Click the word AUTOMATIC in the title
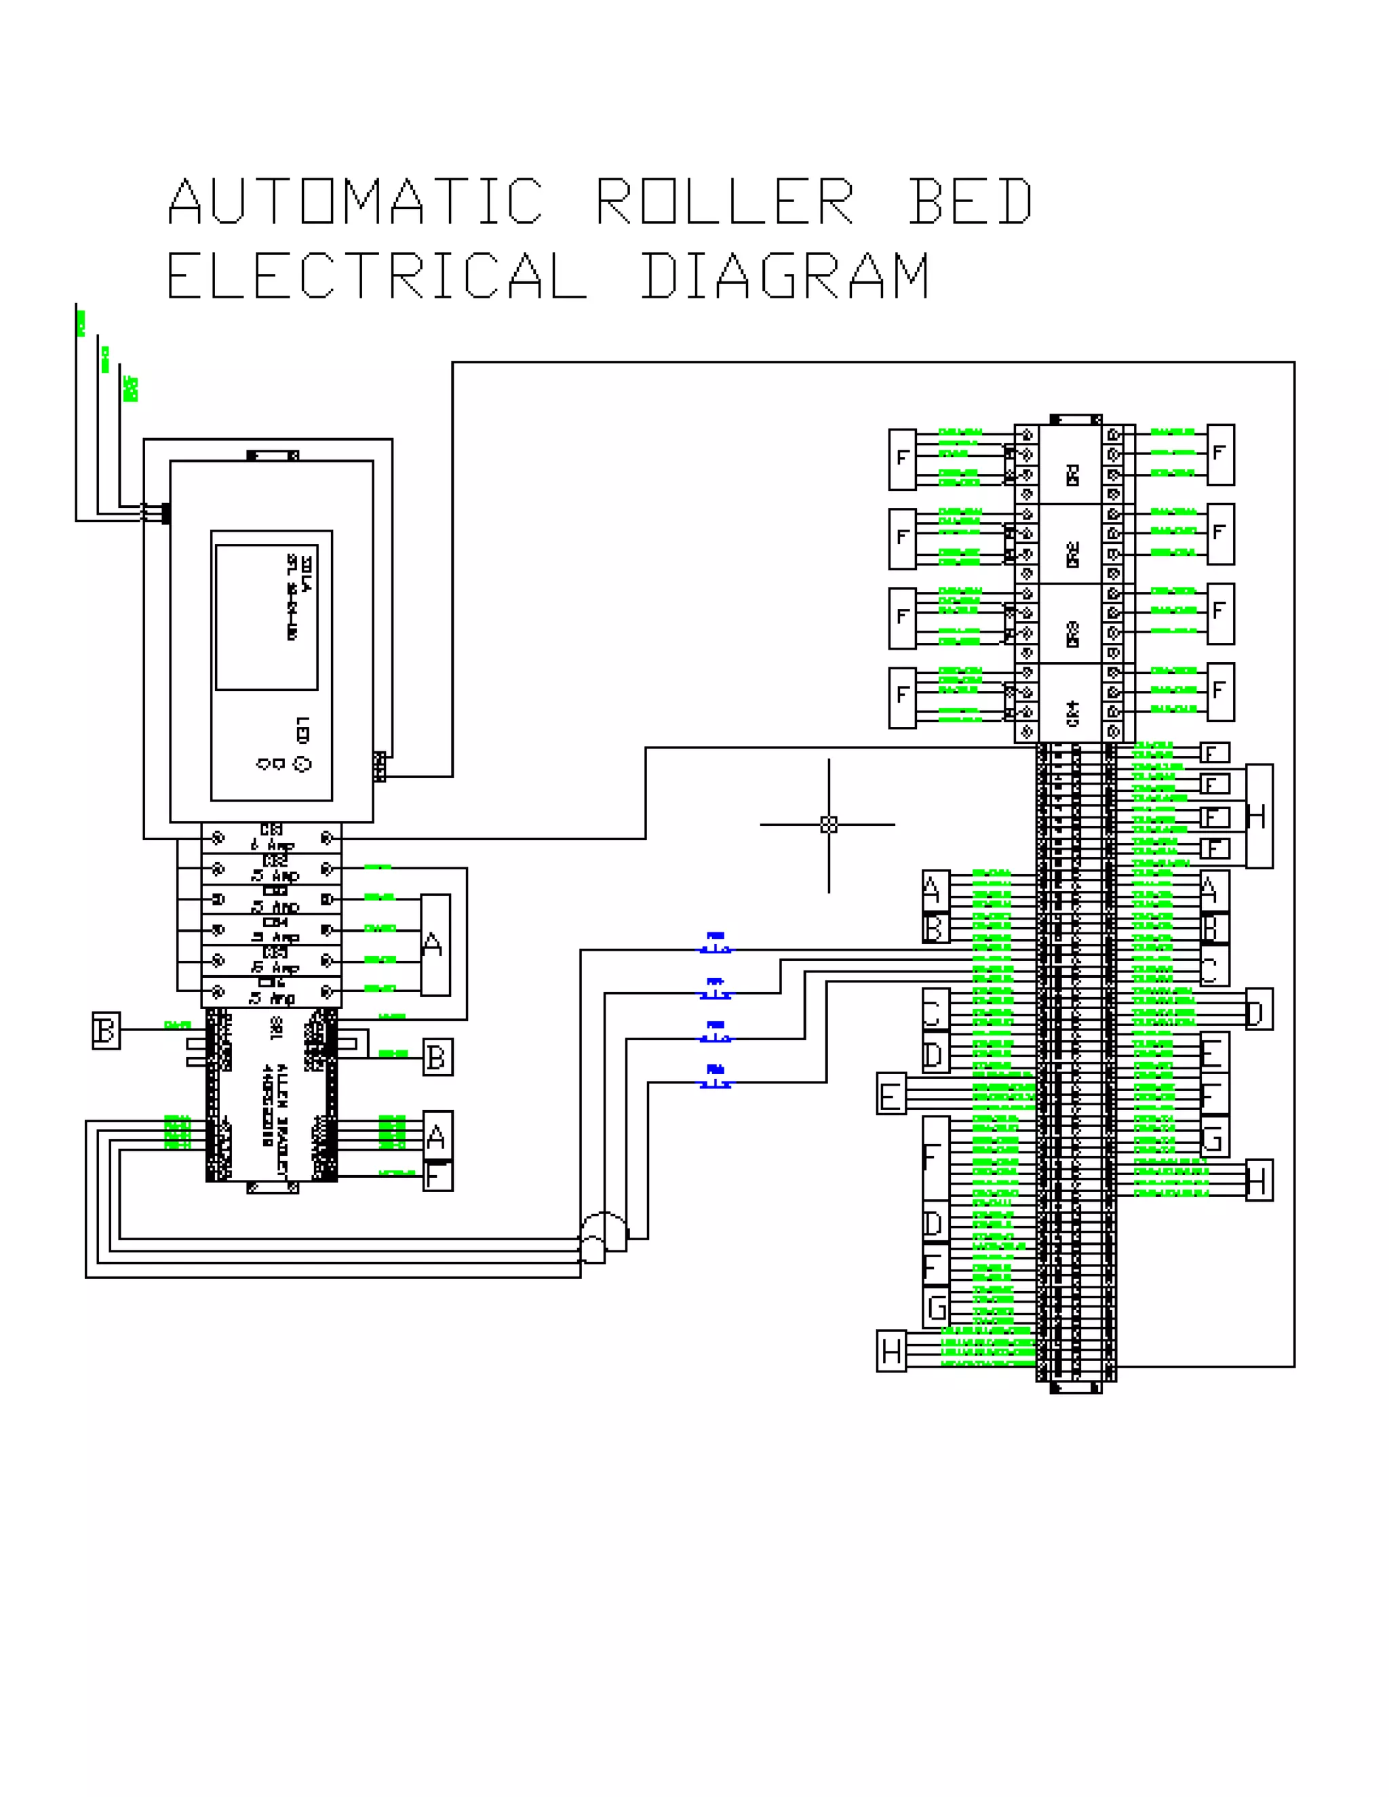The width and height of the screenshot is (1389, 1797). [x=355, y=201]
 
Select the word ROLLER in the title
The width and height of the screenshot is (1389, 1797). [x=725, y=201]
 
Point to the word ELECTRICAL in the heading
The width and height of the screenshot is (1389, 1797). [x=377, y=275]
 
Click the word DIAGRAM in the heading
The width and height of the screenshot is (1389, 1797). [x=786, y=275]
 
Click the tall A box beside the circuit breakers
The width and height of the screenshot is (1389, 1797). [x=435, y=945]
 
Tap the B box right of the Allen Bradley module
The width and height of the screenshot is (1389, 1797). [x=437, y=1057]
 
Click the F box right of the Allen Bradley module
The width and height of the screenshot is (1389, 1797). [x=437, y=1177]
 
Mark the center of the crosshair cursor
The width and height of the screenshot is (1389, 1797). [x=829, y=825]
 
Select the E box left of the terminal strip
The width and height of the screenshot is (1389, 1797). [x=891, y=1094]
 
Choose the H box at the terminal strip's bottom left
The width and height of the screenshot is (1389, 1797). [x=891, y=1351]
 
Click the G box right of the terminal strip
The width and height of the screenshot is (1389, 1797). [x=1215, y=1138]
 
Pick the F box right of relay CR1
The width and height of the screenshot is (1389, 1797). [x=1220, y=454]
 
